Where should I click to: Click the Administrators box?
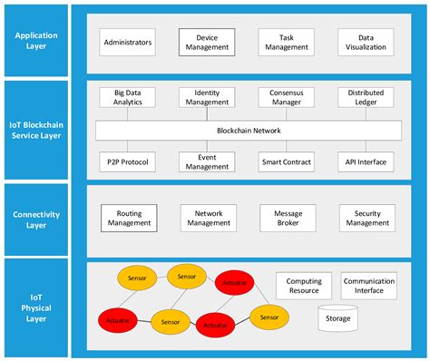[x=128, y=42]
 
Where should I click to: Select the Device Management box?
[x=207, y=42]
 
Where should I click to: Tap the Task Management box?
[x=286, y=42]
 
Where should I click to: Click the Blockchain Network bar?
[x=249, y=131]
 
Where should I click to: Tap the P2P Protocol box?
[x=128, y=162]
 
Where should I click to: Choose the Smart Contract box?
[x=286, y=162]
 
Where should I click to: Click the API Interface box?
[x=366, y=162]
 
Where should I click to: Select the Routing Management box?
[x=128, y=217]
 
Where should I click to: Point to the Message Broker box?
[x=287, y=217]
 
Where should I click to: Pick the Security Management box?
[x=366, y=217]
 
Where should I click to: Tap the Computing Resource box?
[x=304, y=287]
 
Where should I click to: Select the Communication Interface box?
[x=369, y=287]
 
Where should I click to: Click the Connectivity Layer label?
[x=37, y=219]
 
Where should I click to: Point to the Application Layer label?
[x=37, y=42]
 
